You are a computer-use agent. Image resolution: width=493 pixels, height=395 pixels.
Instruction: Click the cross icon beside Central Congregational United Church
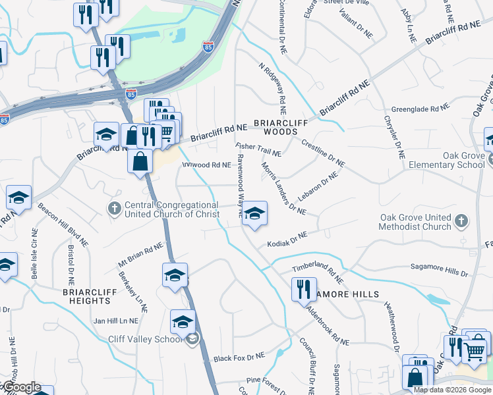(114, 208)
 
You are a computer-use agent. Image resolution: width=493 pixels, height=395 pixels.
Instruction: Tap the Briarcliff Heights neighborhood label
(87, 296)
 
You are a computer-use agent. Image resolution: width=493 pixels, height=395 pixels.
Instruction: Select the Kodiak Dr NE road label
(287, 240)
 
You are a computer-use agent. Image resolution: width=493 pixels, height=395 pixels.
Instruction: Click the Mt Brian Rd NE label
(140, 253)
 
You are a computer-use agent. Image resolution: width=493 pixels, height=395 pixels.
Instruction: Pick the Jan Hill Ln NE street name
(115, 321)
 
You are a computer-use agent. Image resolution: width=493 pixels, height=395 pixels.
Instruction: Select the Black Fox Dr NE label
(239, 357)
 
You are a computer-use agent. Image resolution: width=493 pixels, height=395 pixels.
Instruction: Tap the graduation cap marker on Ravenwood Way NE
(254, 215)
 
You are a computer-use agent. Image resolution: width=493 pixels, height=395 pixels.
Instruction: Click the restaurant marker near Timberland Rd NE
(303, 289)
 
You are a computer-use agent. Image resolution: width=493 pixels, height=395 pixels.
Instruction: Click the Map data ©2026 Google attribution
(452, 390)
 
